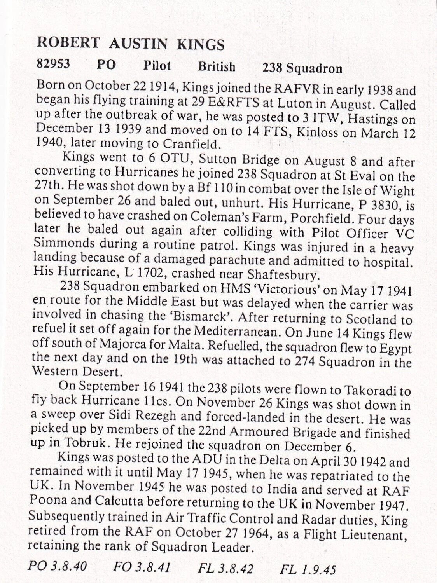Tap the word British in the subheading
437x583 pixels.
(217, 66)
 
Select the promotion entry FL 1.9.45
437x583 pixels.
(308, 569)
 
